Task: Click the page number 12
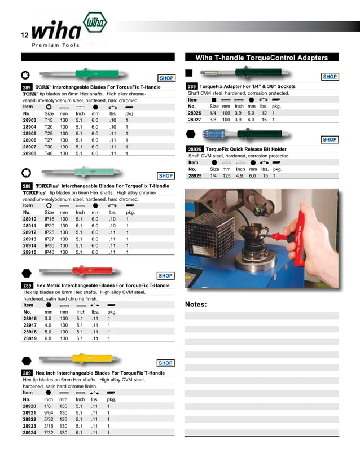[24, 36]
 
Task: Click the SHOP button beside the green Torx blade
[166, 78]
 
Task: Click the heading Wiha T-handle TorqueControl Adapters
[261, 58]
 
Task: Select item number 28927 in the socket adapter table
[195, 120]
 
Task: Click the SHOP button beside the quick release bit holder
[329, 139]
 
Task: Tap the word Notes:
[196, 305]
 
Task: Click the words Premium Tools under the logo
[55, 45]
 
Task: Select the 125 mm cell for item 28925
[226, 175]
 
